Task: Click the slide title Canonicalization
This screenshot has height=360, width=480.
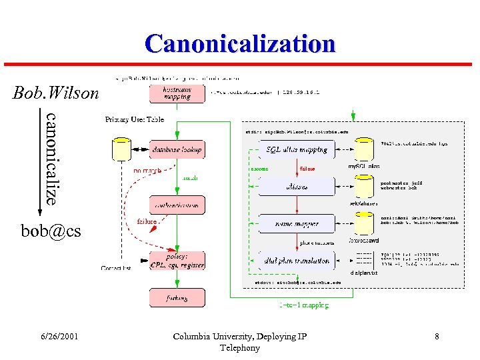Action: point(240,44)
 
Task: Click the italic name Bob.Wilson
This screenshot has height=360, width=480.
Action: point(55,93)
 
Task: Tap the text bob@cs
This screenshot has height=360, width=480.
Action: point(51,231)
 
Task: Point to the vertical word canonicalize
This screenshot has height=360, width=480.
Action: point(52,158)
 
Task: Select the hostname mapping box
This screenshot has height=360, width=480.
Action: point(177,93)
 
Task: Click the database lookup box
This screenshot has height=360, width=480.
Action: point(177,149)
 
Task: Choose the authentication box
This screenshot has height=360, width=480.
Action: point(177,205)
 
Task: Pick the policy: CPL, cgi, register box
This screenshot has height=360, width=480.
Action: point(177,261)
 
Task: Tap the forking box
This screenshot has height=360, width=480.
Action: point(177,298)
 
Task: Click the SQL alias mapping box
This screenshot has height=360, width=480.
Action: point(297,149)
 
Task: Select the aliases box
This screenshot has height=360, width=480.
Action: point(297,187)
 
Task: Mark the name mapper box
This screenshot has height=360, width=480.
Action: point(297,224)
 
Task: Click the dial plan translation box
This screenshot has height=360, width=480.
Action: point(297,261)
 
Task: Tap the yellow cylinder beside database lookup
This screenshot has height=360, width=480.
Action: point(121,149)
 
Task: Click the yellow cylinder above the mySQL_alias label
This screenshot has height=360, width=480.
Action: point(363,149)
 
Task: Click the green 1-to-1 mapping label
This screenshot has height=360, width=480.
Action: point(303,305)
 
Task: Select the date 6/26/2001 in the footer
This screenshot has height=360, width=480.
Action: point(58,337)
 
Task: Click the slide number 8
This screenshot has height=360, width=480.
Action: point(437,337)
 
